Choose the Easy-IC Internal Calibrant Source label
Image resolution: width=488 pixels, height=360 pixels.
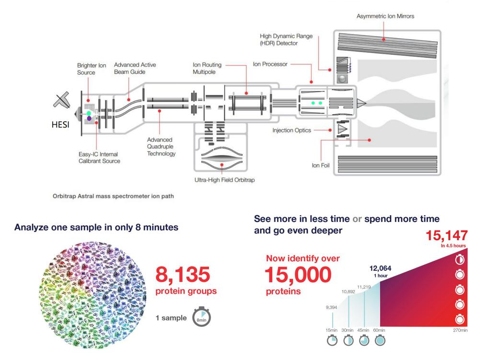click(x=98, y=157)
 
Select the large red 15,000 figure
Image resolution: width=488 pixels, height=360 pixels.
click(x=298, y=274)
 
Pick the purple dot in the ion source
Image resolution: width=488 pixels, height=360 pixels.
click(x=89, y=118)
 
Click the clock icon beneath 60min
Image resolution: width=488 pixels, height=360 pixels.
click(x=379, y=340)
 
